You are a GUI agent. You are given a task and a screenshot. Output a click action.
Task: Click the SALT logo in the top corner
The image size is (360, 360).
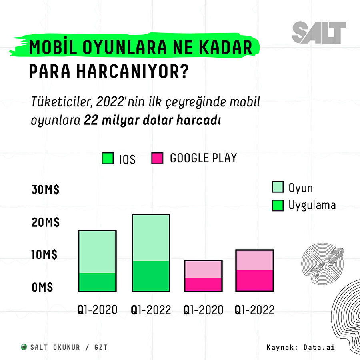click(318, 32)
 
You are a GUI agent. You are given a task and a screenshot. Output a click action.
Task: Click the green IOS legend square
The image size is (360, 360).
click(108, 159)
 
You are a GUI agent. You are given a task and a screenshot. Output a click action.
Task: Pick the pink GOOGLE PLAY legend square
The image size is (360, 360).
click(158, 158)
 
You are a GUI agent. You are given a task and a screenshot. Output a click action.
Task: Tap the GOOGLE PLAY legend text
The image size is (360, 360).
click(203, 158)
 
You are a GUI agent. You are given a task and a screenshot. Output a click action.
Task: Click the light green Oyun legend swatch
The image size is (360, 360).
click(278, 187)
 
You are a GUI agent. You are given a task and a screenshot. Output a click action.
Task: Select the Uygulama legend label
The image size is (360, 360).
click(312, 205)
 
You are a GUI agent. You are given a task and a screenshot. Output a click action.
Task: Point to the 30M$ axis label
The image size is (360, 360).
click(46, 190)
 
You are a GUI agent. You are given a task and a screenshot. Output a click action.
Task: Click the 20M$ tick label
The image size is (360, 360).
click(46, 223)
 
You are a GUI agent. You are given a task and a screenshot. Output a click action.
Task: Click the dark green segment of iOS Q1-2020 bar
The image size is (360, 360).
click(97, 282)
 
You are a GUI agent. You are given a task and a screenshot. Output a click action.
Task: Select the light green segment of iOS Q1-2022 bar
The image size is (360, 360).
click(151, 238)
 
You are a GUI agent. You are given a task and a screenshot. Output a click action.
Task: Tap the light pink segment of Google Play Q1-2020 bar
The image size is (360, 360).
click(203, 269)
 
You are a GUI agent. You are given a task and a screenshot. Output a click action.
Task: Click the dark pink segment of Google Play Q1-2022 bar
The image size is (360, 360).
click(254, 281)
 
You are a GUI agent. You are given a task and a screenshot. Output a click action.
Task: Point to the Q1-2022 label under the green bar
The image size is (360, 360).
click(151, 310)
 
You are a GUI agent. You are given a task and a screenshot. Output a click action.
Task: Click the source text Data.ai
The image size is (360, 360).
click(318, 347)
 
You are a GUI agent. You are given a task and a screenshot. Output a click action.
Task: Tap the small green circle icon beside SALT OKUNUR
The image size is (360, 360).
click(24, 347)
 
